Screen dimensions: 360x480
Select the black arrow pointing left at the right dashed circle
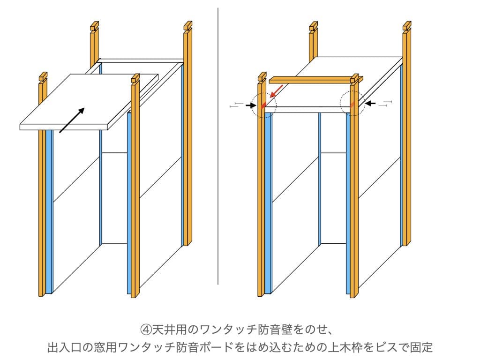370,103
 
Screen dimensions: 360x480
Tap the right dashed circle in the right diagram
352,103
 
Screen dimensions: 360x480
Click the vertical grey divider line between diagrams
218,141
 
